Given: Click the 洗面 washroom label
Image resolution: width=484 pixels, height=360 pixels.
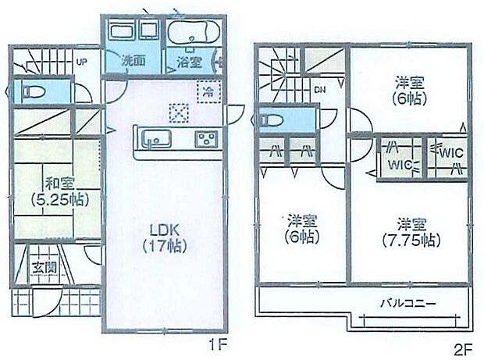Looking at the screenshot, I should click(132, 60).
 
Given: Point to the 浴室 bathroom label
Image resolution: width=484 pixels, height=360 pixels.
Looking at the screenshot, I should click(188, 61).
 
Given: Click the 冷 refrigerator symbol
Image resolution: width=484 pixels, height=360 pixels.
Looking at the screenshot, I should click(208, 91).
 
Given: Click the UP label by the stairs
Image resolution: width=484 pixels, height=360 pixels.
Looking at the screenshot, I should click(81, 62).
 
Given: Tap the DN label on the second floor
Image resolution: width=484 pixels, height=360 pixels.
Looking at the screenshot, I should click(320, 90).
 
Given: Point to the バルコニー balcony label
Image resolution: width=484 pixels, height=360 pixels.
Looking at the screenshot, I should click(407, 303).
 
